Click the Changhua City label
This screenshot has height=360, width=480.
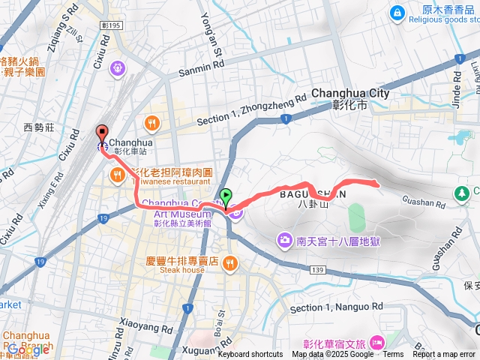point(350,94)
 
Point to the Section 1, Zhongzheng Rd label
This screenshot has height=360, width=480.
point(252,109)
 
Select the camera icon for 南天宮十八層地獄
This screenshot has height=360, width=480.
point(285,241)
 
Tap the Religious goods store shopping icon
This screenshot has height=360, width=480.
point(396,12)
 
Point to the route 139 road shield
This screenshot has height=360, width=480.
point(317,268)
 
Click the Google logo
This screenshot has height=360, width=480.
point(28,349)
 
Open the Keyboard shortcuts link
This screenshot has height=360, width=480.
point(250,355)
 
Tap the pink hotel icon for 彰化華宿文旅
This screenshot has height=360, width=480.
point(377,342)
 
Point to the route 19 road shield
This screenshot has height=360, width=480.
point(101,218)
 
